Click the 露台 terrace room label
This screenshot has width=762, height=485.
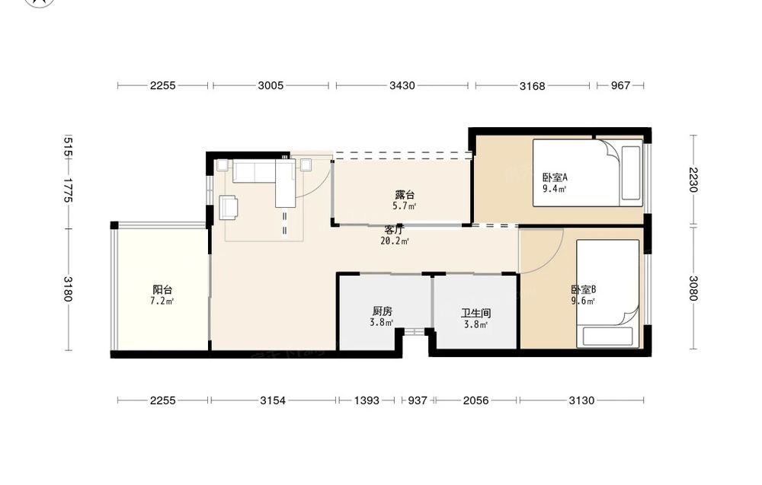[x=405, y=195]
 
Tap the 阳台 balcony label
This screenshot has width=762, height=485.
[x=162, y=290]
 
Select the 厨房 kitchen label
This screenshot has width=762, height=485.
[x=382, y=311]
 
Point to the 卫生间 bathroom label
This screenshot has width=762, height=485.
[x=475, y=314]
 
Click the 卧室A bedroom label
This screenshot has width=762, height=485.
[x=555, y=177]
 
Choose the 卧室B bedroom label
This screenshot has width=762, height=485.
[x=583, y=290]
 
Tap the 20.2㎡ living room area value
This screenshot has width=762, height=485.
[x=395, y=241]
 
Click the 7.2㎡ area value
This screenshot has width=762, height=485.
[x=162, y=301]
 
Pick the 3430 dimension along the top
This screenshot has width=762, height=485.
[x=402, y=86]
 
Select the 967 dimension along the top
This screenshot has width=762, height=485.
[x=620, y=86]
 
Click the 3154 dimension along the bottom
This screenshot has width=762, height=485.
[x=273, y=400]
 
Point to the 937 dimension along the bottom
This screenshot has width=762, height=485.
[x=417, y=400]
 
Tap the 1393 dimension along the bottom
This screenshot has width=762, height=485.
[x=367, y=400]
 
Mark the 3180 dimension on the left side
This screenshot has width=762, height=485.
[x=68, y=289]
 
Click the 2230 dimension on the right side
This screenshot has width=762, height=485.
[x=693, y=180]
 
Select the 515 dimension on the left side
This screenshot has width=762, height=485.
[x=68, y=147]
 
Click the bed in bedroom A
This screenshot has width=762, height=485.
[x=588, y=173]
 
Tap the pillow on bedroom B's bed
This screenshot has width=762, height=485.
[x=607, y=337]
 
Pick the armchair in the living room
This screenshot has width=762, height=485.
[x=229, y=206]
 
